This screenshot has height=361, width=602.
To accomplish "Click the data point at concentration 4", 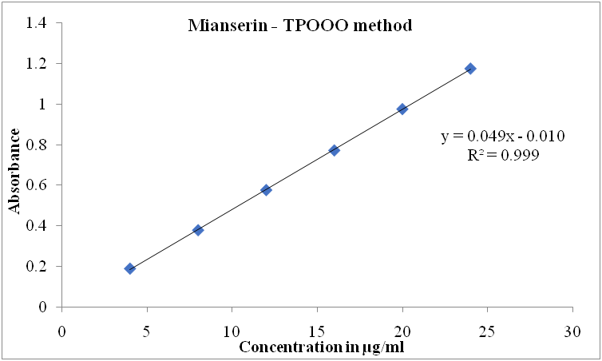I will [129, 268].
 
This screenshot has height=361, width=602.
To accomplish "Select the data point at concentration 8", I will [198, 230].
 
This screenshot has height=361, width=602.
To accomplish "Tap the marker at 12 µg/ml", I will [266, 190].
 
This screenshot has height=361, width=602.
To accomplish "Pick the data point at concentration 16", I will [335, 150].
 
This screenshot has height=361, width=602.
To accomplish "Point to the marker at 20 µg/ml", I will [402, 109].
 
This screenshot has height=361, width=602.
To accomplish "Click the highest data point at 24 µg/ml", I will [470, 69].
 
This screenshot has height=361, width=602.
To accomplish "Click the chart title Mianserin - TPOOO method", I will [299, 26].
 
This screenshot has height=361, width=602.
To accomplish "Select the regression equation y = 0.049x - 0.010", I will [503, 136].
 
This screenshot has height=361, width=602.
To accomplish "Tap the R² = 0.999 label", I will [503, 155].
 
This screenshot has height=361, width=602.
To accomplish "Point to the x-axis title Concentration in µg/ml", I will [327, 347].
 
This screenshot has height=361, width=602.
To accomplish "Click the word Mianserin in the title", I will [223, 26].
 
